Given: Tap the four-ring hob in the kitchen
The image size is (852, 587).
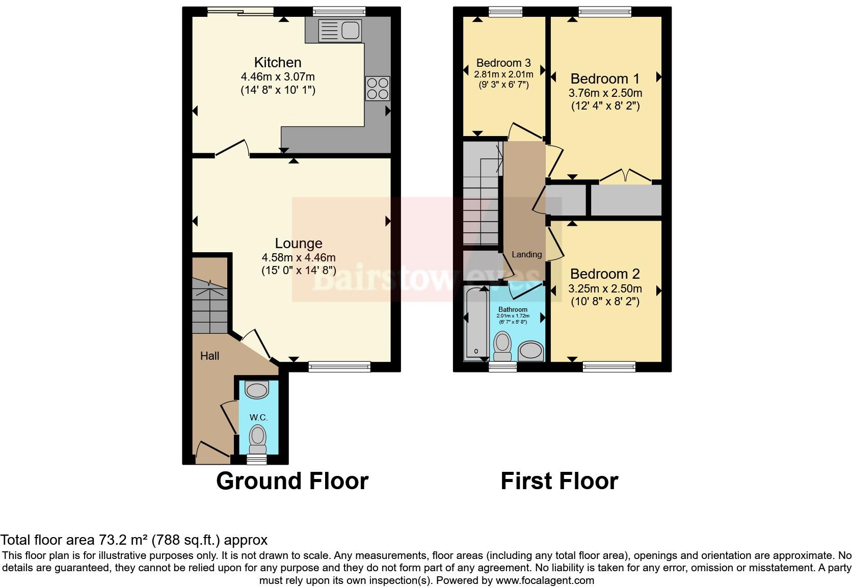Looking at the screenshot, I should click(378, 88).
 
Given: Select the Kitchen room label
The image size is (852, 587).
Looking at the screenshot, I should click(278, 63).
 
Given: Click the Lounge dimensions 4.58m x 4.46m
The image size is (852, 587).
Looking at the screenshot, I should click(299, 257).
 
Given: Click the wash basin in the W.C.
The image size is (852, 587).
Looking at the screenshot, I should click(256, 390).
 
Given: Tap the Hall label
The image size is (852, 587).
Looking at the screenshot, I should click(209, 356).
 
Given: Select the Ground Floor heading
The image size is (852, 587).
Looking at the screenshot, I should click(292, 481).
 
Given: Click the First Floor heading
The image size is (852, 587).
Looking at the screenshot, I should click(559, 481).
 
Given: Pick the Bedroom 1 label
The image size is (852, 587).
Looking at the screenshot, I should click(605, 79).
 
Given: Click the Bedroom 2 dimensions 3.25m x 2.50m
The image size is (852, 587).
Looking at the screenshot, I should click(605, 288).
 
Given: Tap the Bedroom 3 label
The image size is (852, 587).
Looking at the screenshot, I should click(503, 63).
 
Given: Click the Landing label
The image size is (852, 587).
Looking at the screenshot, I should click(526, 254).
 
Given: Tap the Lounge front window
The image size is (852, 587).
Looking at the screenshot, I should click(339, 365).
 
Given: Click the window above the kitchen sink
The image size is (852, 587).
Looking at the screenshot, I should click(339, 10).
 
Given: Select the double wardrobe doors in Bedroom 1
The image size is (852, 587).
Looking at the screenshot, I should click(625, 176).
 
